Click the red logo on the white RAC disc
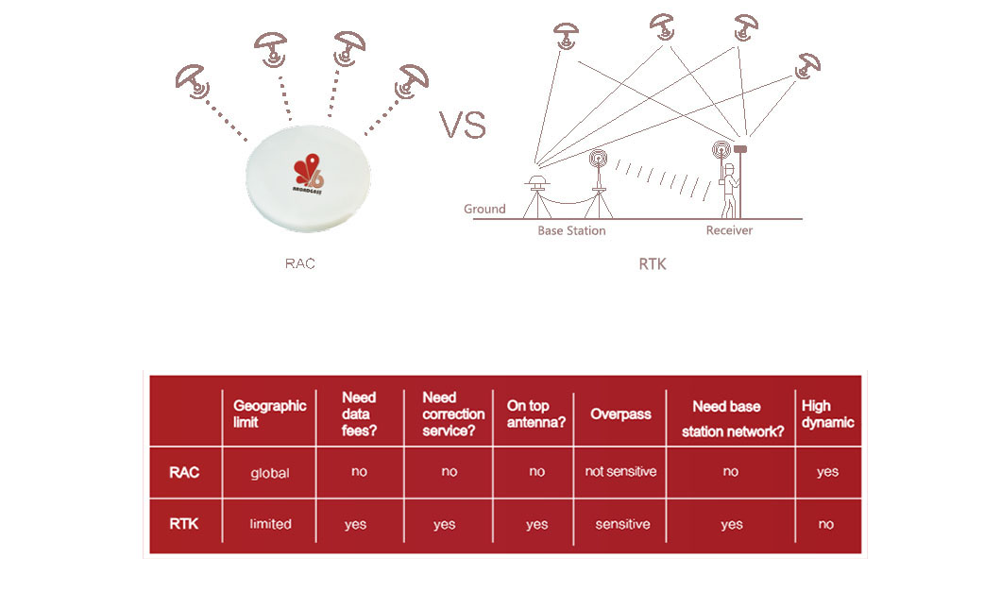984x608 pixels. pos(308,174)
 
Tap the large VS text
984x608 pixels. pos(463,125)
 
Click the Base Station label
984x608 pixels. pos(571,231)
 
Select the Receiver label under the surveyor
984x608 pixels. pos(729,230)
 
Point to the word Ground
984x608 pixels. pos(484,209)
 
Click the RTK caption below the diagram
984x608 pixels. pos(653,264)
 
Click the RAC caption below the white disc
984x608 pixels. pos(300,263)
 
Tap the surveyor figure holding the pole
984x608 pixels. pos(729,190)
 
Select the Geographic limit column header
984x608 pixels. pos(270,414)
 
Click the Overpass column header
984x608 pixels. pos(620,414)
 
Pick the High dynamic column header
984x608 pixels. pos(828,414)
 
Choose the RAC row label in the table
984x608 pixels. pos(184,472)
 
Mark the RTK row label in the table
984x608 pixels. pos(184,524)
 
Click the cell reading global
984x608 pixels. pos(270,473)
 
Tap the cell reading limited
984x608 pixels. pos(270,524)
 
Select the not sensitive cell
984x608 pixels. pos(620,471)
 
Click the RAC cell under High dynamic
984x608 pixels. pos(828,472)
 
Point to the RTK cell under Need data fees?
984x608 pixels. pos(355,525)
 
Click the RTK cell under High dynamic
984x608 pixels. pos(826,524)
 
